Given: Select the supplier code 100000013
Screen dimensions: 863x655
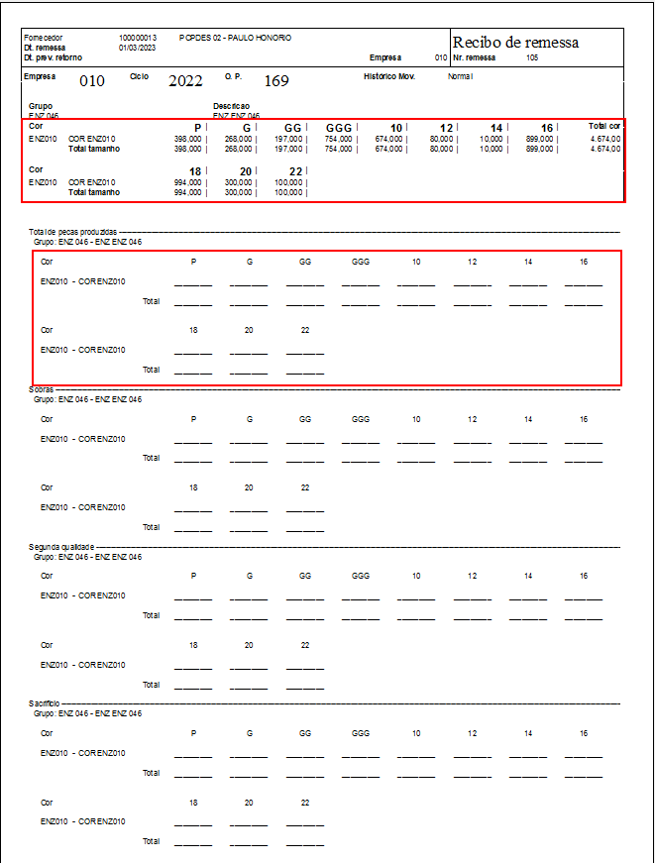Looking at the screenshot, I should tap(138, 38).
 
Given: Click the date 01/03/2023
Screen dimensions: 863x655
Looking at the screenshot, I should tap(137, 47).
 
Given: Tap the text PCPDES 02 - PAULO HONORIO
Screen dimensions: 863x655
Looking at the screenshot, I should tap(236, 38).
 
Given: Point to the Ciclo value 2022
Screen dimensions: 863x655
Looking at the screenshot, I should tap(185, 80).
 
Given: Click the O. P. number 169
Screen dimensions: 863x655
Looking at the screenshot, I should tap(276, 80).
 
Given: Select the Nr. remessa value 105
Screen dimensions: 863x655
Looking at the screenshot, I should tap(533, 58).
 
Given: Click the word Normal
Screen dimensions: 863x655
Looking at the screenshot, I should tap(461, 76).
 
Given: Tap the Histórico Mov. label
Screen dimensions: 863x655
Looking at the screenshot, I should tap(389, 76).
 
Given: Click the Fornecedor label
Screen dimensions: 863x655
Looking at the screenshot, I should tap(43, 38).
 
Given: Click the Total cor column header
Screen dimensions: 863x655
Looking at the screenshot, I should tap(604, 127).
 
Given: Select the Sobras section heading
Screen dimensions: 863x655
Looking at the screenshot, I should tap(41, 389).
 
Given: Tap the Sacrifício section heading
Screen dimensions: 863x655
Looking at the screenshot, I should tap(44, 702).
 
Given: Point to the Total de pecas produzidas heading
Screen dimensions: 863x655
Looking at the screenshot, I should tap(73, 231).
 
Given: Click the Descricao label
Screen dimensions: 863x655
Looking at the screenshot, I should tap(231, 105).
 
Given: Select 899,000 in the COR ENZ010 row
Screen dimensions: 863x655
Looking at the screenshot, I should tap(539, 140).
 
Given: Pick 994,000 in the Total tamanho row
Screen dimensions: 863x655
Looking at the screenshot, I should tap(187, 192).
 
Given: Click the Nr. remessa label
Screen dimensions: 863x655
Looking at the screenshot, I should tap(474, 58).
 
